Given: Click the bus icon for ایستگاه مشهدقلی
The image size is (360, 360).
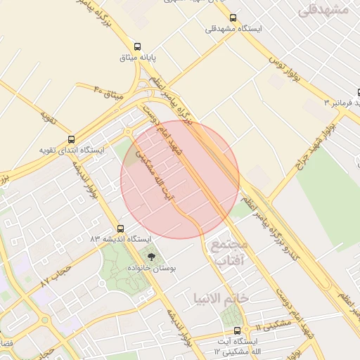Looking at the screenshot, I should (233, 18).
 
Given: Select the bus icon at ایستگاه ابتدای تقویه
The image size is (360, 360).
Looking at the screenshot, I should (71, 139).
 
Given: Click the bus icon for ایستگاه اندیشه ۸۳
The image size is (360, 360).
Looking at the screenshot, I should (121, 229).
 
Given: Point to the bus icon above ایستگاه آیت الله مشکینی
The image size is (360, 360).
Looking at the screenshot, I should (236, 330).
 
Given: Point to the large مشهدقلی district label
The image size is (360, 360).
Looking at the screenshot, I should (323, 9).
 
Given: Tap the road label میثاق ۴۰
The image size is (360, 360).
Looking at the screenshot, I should (108, 91).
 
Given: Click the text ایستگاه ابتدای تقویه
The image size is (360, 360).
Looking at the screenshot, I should (71, 150).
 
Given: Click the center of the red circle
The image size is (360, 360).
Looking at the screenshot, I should (180, 180).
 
